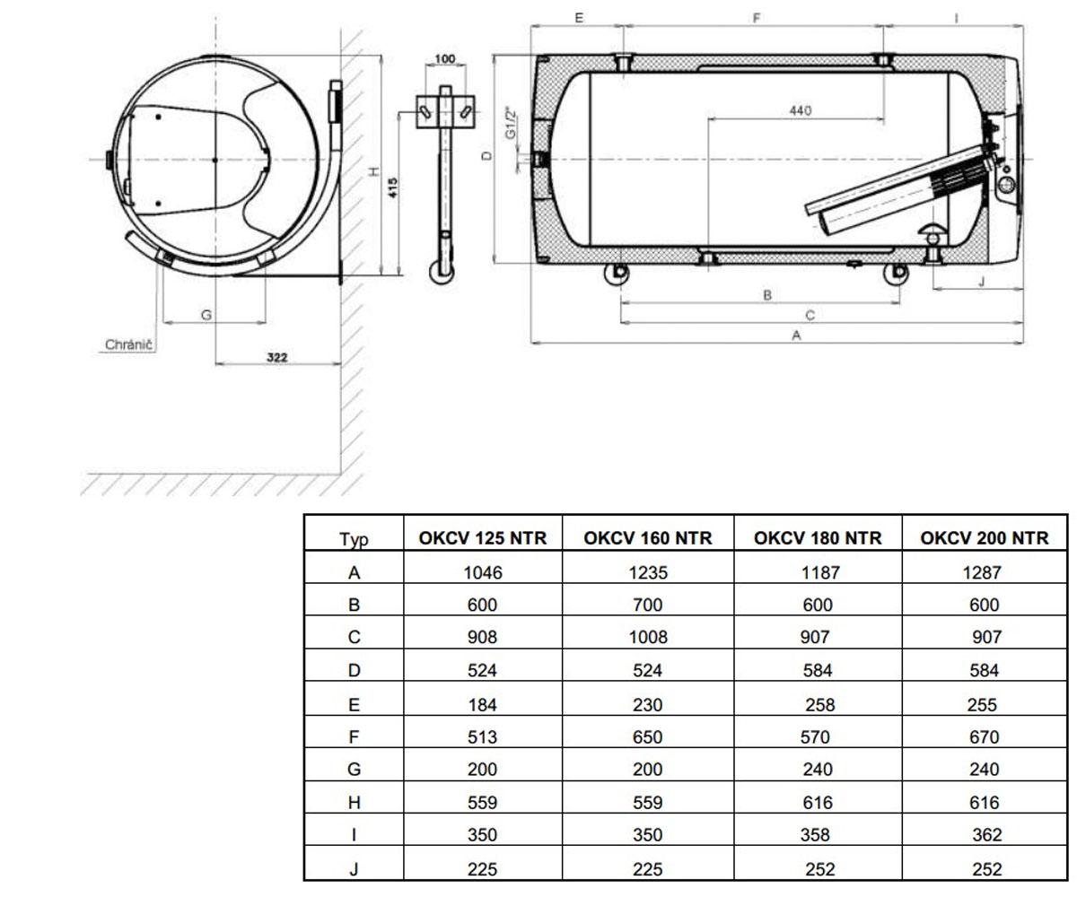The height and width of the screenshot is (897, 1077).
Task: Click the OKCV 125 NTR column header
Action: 482,538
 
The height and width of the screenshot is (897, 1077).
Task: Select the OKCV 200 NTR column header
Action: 985,538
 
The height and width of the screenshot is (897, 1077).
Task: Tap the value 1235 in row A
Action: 648,572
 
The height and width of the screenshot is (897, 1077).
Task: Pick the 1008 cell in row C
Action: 648,637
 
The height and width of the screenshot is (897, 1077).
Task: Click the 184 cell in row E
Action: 482,705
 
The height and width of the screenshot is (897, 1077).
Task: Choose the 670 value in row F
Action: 985,737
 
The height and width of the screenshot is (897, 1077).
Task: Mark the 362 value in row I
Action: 986,834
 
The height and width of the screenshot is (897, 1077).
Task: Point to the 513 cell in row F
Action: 482,737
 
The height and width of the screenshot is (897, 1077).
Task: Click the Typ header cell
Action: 354,540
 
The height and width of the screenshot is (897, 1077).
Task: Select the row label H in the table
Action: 354,803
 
